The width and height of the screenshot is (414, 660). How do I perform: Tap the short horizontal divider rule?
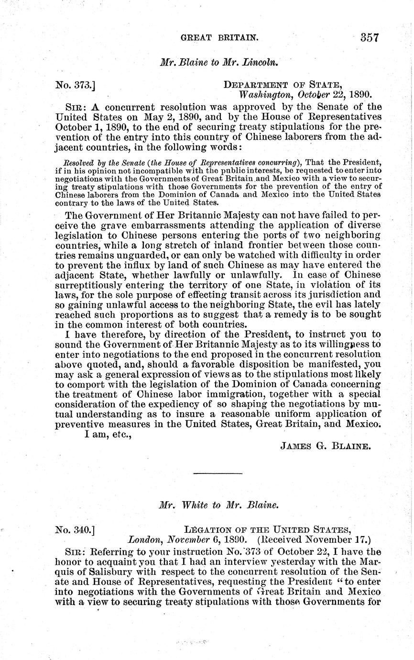[219, 474]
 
